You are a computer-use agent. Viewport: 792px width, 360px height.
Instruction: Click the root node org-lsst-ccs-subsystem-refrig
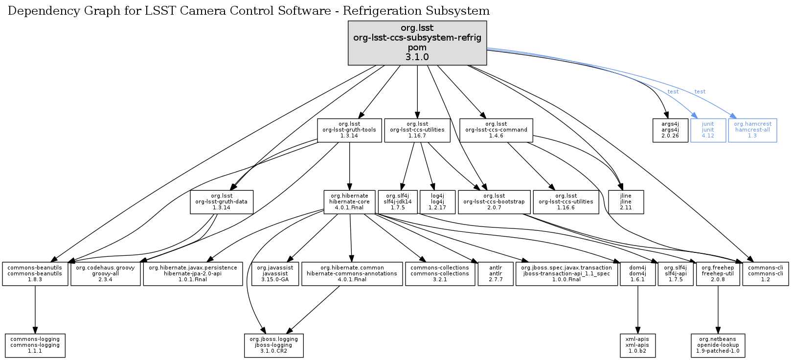click(x=417, y=43)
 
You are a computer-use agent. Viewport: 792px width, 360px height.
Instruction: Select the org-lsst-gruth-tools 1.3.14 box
click(x=349, y=130)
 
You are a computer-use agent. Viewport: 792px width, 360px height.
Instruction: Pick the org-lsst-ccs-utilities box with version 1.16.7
click(x=417, y=130)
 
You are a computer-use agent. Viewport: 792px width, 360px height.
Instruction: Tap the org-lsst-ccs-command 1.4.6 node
click(x=496, y=130)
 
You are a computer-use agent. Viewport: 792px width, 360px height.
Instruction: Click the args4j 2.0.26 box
click(x=670, y=130)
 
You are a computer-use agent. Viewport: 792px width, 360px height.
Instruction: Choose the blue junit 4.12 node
click(x=708, y=130)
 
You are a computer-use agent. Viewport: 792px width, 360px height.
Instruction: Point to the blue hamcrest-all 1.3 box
click(x=752, y=130)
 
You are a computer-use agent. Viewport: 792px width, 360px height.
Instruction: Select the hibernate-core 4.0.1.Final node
click(x=349, y=202)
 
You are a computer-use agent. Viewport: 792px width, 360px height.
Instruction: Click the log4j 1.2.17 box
click(x=437, y=202)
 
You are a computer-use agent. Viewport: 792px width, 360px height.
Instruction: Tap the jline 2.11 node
click(x=626, y=202)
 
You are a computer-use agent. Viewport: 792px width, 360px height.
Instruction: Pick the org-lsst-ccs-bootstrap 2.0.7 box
click(x=494, y=202)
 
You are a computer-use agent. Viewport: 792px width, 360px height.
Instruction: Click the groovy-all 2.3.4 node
click(x=105, y=274)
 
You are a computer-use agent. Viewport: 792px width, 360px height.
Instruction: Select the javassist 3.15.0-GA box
click(x=275, y=274)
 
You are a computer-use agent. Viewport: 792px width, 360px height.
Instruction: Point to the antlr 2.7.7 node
click(x=496, y=274)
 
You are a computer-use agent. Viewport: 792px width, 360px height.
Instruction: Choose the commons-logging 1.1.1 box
click(x=35, y=345)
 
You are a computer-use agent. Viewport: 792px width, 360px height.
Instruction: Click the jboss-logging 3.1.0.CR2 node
click(x=274, y=345)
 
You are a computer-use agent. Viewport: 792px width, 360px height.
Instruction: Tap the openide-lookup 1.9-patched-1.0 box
click(x=718, y=345)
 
